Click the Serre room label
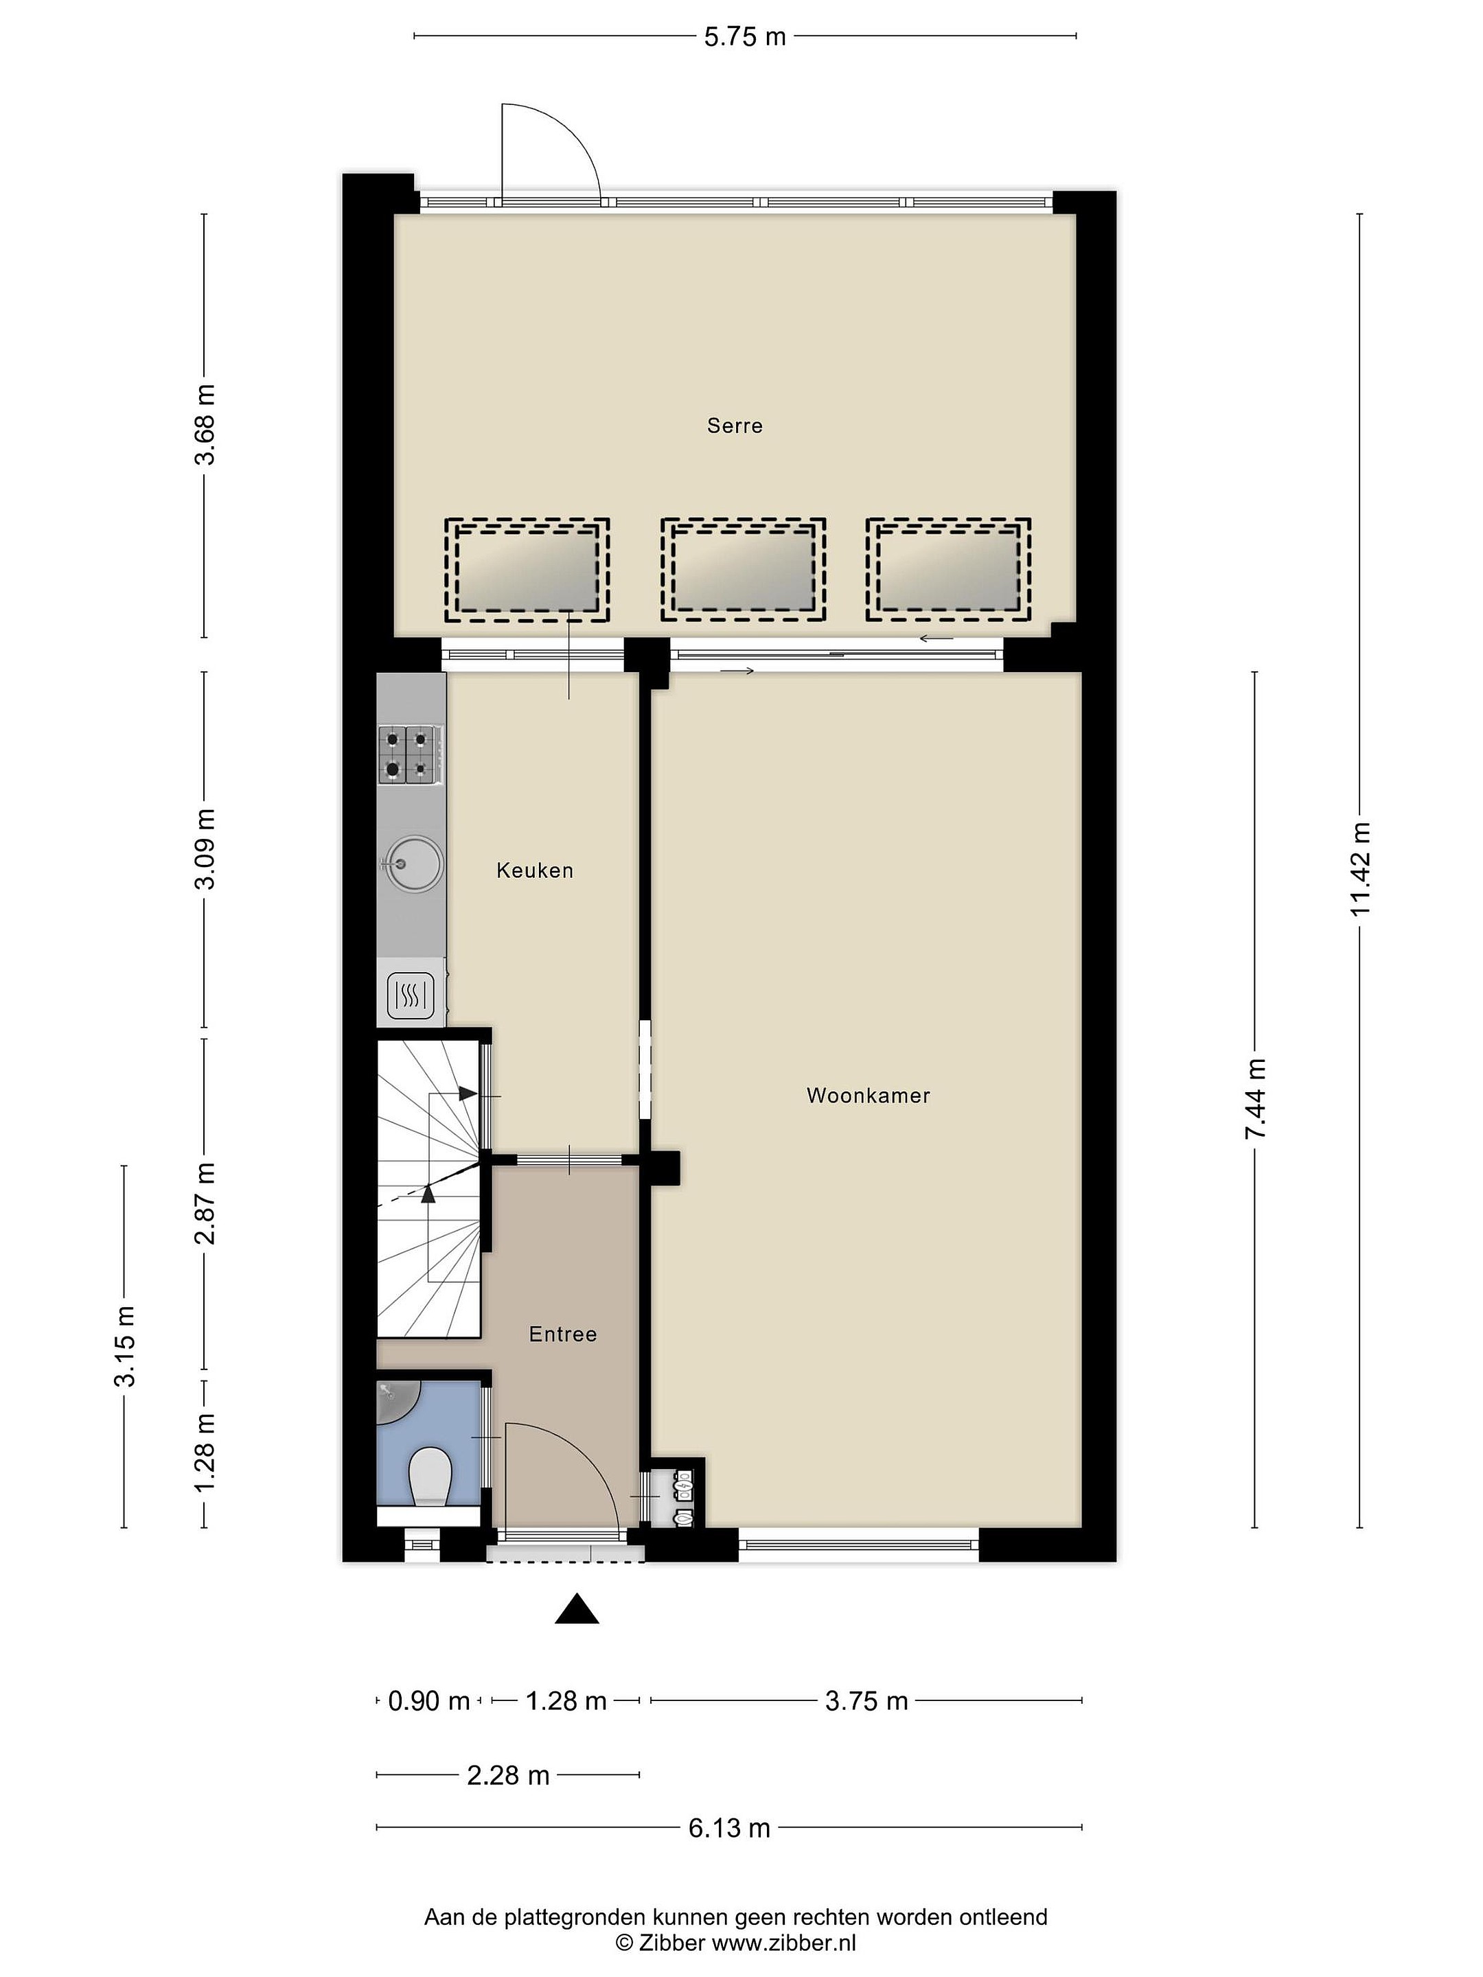tap(734, 426)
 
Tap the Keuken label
tap(535, 870)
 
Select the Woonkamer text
tap(868, 1096)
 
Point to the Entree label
tap(562, 1334)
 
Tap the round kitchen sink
tap(411, 864)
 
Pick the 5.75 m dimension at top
tap(745, 36)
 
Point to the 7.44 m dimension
tap(1254, 1098)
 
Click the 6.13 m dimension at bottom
tap(729, 1828)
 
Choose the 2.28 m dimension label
tap(508, 1775)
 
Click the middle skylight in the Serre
tap(743, 569)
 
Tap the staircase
tap(429, 1189)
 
